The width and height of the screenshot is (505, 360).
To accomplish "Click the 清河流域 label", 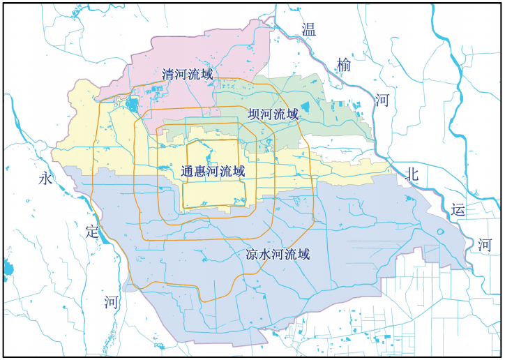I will (x=188, y=73).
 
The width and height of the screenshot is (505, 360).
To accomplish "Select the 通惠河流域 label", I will (x=213, y=171).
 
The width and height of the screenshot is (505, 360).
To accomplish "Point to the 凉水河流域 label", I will (x=278, y=255).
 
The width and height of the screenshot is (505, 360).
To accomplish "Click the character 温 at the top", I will (x=308, y=29).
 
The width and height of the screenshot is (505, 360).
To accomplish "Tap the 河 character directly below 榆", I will (x=382, y=100).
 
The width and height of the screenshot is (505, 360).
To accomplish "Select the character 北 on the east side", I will (x=412, y=175).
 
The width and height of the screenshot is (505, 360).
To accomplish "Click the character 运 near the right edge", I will (x=458, y=209).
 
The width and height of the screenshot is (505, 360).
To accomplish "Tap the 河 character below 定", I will (x=112, y=301).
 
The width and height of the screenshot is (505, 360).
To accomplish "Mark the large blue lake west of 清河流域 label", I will (x=133, y=106).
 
